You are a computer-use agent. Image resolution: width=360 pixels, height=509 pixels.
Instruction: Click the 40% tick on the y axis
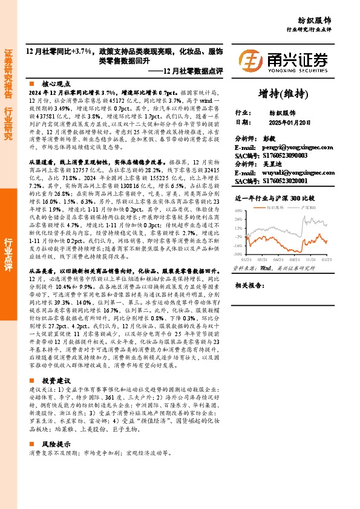tap(238, 210)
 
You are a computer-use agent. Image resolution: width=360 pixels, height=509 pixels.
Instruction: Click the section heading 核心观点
tap(56, 84)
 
